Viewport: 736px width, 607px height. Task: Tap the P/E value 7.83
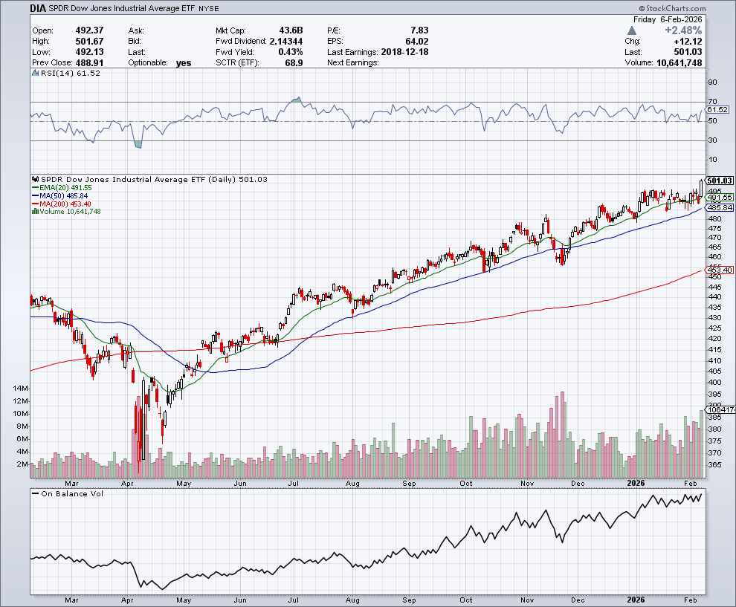[x=419, y=30]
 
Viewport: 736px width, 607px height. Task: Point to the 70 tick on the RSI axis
[x=712, y=101]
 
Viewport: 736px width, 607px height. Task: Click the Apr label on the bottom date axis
[x=127, y=599]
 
